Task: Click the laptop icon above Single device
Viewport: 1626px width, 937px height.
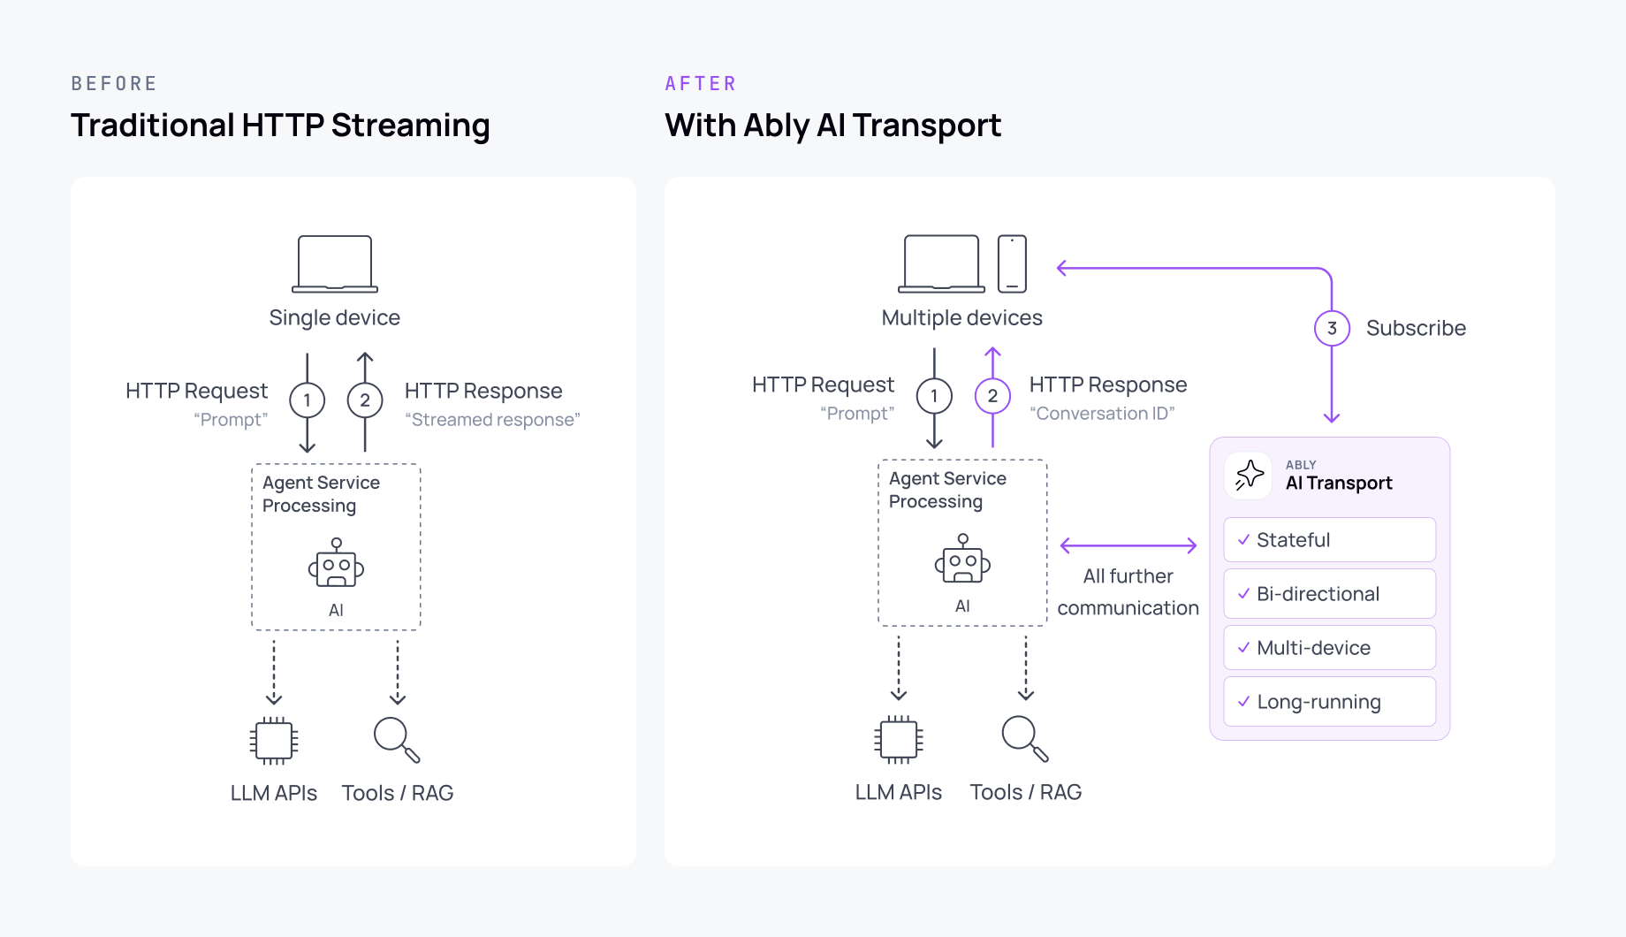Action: (335, 263)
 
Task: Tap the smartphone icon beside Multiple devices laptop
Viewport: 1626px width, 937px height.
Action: (1012, 263)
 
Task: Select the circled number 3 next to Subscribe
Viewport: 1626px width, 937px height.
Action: (1332, 328)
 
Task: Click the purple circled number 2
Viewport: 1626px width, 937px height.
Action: (992, 396)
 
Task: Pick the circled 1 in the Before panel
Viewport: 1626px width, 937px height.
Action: (307, 400)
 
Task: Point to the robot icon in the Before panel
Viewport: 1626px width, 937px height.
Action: (336, 563)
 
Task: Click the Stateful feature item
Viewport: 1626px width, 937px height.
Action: (1329, 540)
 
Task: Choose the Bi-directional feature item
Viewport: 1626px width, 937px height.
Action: (1329, 594)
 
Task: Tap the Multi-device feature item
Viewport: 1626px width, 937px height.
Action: (1329, 648)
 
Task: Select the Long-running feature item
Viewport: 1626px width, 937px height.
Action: (1329, 702)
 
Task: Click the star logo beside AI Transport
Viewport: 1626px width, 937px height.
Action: (1249, 476)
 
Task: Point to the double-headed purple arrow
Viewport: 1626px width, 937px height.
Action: (1128, 545)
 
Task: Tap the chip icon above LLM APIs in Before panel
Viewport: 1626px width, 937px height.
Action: (274, 740)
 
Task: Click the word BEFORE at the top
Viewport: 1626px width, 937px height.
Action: (114, 84)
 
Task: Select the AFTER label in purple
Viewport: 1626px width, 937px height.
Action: (701, 84)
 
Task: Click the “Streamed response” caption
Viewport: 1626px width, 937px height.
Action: (492, 420)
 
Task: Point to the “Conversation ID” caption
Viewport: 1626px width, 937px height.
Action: (1102, 414)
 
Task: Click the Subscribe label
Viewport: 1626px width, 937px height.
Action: (1416, 328)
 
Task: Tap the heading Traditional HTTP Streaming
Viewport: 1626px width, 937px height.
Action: (280, 126)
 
